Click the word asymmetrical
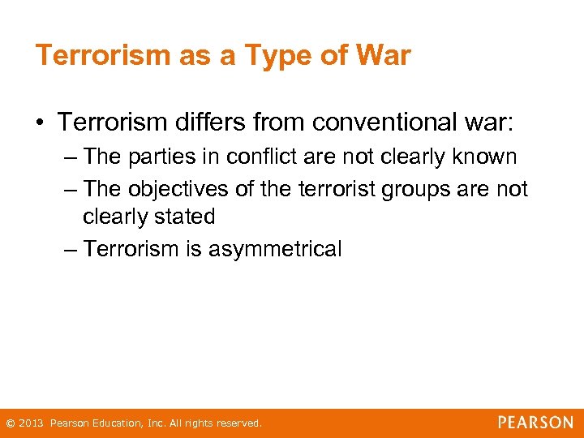point(275,249)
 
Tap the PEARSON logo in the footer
point(535,423)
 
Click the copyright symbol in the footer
point(10,423)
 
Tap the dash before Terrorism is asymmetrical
point(71,248)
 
